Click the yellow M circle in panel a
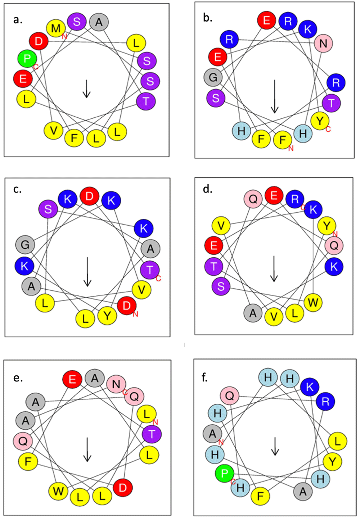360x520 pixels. tap(56, 28)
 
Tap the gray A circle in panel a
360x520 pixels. tap(99, 23)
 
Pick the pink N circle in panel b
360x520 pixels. tap(323, 44)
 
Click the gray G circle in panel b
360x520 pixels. tap(213, 77)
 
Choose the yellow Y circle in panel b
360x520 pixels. tap(320, 121)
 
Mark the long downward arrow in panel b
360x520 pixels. tap(275, 96)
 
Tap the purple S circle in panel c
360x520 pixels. tap(48, 209)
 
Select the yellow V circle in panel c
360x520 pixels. tap(141, 290)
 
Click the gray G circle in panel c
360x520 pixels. tap(25, 245)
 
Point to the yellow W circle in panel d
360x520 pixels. tap(313, 303)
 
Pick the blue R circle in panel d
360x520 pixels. tap(295, 199)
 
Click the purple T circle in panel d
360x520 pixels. tap(214, 267)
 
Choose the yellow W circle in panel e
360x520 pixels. tap(58, 491)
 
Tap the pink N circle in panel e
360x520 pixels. tap(116, 384)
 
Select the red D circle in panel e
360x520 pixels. tap(123, 488)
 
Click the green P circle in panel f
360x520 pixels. tap(225, 474)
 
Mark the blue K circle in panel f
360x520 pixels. tap(310, 387)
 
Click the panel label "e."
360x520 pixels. tap(18, 378)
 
